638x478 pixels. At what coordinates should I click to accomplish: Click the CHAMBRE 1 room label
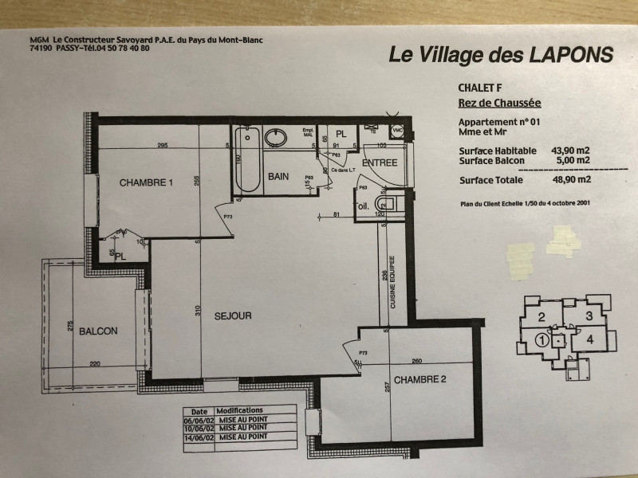point(146,183)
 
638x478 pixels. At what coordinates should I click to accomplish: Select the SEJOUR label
point(233,316)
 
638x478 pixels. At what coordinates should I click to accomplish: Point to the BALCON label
point(98,331)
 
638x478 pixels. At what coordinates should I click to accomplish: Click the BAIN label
point(279,176)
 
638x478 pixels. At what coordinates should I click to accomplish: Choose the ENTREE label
point(380,163)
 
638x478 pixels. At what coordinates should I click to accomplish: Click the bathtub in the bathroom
point(246,163)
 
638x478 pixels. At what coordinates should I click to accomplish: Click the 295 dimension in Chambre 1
point(161,145)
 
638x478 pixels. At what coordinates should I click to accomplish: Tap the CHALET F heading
point(480,88)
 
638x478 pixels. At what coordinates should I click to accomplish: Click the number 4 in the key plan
point(589,339)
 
